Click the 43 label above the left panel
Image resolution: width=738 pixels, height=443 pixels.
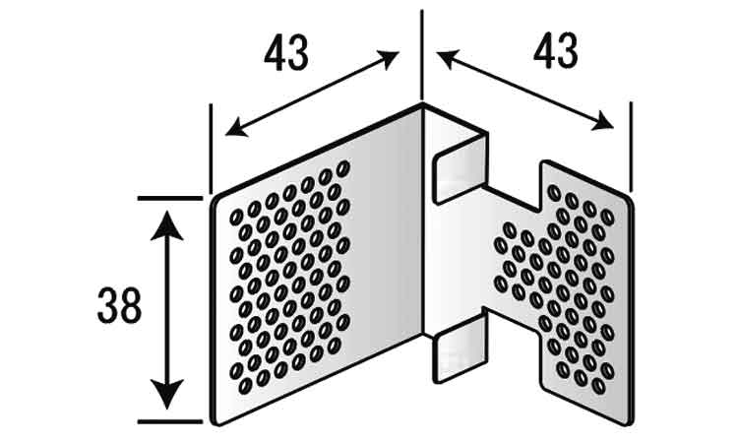[x=286, y=53]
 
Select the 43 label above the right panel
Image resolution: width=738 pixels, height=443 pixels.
[x=555, y=50]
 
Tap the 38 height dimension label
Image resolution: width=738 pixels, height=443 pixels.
[x=119, y=305]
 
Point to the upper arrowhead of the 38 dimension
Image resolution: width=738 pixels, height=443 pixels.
[x=166, y=226]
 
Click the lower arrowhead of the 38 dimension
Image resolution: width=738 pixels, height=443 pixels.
[x=166, y=393]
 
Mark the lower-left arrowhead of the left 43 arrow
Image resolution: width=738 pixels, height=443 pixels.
[x=237, y=128]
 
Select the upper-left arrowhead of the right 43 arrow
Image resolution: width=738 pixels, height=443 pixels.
[x=449, y=58]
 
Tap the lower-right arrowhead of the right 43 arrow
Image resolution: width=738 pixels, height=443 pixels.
[x=602, y=120]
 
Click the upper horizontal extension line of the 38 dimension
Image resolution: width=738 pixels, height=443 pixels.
[x=170, y=198]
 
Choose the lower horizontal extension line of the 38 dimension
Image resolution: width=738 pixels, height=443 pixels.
[x=170, y=421]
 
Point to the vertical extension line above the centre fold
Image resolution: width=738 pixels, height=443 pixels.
[x=422, y=56]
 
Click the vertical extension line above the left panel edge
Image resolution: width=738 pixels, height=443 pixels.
[x=211, y=149]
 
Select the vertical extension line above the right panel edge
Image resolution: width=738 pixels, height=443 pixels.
[x=631, y=147]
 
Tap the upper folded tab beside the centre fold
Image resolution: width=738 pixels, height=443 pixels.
[x=460, y=168]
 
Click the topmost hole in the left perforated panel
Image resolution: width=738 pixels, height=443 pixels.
[x=343, y=168]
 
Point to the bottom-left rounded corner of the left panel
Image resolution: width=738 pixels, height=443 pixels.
[x=215, y=420]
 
